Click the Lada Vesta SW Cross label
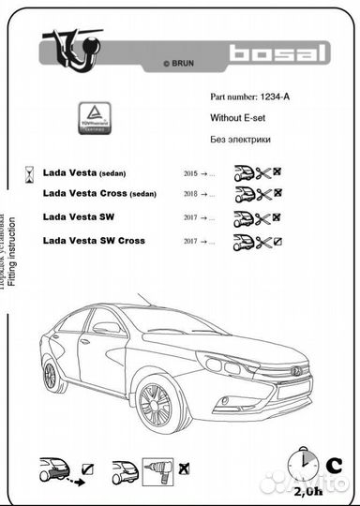(94, 241)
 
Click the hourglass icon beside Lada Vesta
(31, 173)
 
